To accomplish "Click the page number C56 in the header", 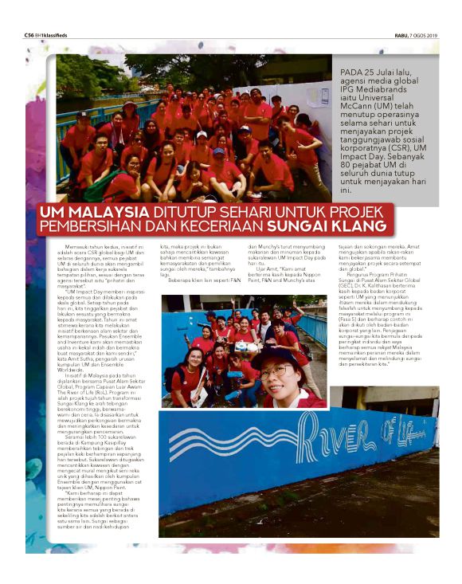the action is point(29,35).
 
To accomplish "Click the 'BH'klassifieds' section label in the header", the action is point(53,35).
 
